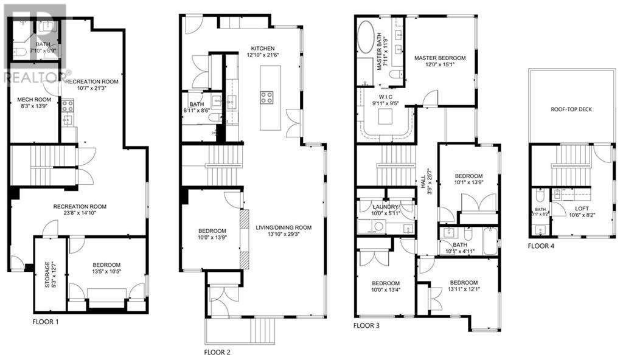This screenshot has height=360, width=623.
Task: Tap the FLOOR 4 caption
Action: tap(541, 246)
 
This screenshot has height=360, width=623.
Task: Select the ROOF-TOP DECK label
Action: tap(571, 110)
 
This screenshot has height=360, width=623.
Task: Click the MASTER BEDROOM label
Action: tap(440, 58)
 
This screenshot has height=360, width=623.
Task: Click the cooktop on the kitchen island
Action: tap(267, 97)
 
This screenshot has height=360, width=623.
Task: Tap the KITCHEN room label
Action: tap(261, 48)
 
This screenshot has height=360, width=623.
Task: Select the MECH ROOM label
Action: tap(33, 100)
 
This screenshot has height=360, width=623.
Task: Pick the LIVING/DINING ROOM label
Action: tap(284, 227)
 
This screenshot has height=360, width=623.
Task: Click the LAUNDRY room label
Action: tap(386, 207)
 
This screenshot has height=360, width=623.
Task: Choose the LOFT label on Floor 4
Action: tap(582, 207)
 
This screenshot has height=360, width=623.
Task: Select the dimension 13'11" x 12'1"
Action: tap(465, 290)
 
